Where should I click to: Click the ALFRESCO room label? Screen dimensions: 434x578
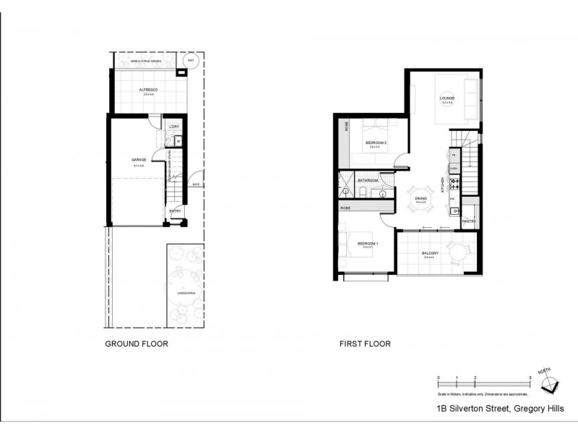150,90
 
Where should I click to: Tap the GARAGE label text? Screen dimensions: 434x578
139,161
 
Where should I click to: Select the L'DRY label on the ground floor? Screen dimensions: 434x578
173,127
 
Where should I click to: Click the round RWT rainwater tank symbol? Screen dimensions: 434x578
191,61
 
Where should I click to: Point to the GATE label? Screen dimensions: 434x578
196,184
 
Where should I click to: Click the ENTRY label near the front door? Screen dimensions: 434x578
176,211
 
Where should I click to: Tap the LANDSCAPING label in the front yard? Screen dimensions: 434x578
186,293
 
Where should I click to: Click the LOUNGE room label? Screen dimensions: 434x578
447,98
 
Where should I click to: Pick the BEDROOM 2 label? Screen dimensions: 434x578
376,142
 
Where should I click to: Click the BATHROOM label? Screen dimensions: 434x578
368,179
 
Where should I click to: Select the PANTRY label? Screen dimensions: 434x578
468,221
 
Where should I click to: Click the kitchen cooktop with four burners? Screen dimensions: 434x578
454,184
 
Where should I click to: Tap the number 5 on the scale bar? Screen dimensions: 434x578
530,378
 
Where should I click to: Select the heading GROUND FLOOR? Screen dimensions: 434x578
137,344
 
